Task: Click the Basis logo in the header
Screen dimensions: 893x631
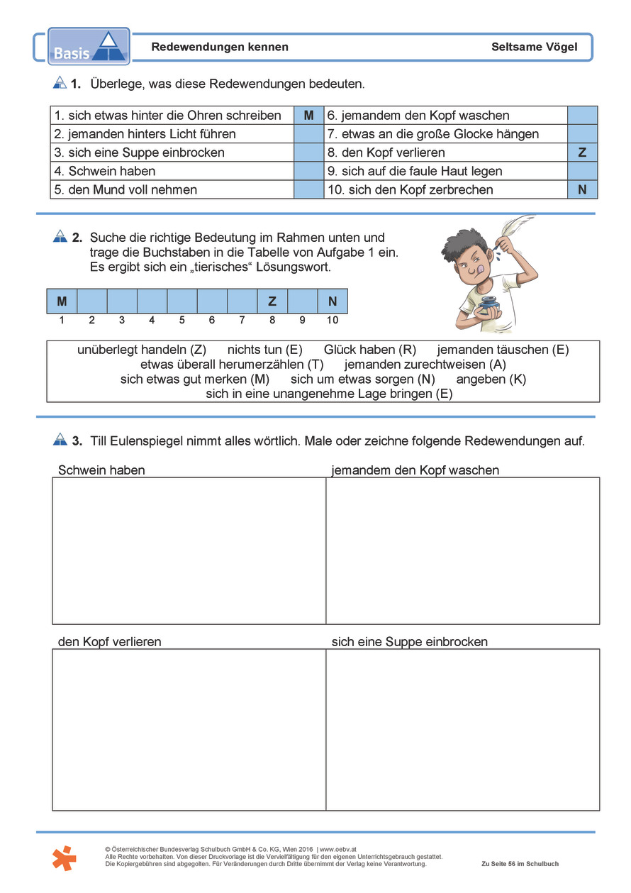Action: (x=89, y=46)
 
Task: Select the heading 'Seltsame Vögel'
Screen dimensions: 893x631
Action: (x=534, y=48)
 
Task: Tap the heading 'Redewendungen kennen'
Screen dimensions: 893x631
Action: (x=220, y=48)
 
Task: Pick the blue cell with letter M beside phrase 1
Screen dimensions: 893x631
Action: (x=308, y=116)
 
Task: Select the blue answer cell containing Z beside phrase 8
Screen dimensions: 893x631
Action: (x=582, y=152)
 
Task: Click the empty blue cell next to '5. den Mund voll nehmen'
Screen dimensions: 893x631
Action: (x=308, y=189)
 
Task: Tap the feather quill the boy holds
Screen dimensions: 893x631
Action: (x=515, y=234)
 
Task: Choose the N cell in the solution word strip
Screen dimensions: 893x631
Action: (x=333, y=301)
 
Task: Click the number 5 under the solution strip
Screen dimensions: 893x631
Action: (x=182, y=320)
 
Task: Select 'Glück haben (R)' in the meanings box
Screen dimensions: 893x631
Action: (x=369, y=350)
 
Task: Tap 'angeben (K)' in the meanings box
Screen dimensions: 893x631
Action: (x=491, y=379)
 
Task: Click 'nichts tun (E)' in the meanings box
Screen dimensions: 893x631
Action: (x=264, y=350)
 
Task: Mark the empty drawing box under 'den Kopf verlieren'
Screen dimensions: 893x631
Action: (x=189, y=729)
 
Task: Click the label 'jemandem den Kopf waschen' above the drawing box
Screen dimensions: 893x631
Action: (x=415, y=470)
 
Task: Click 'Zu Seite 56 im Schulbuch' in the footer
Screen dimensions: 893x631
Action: (x=520, y=864)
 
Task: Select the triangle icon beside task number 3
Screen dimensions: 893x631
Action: (x=60, y=440)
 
